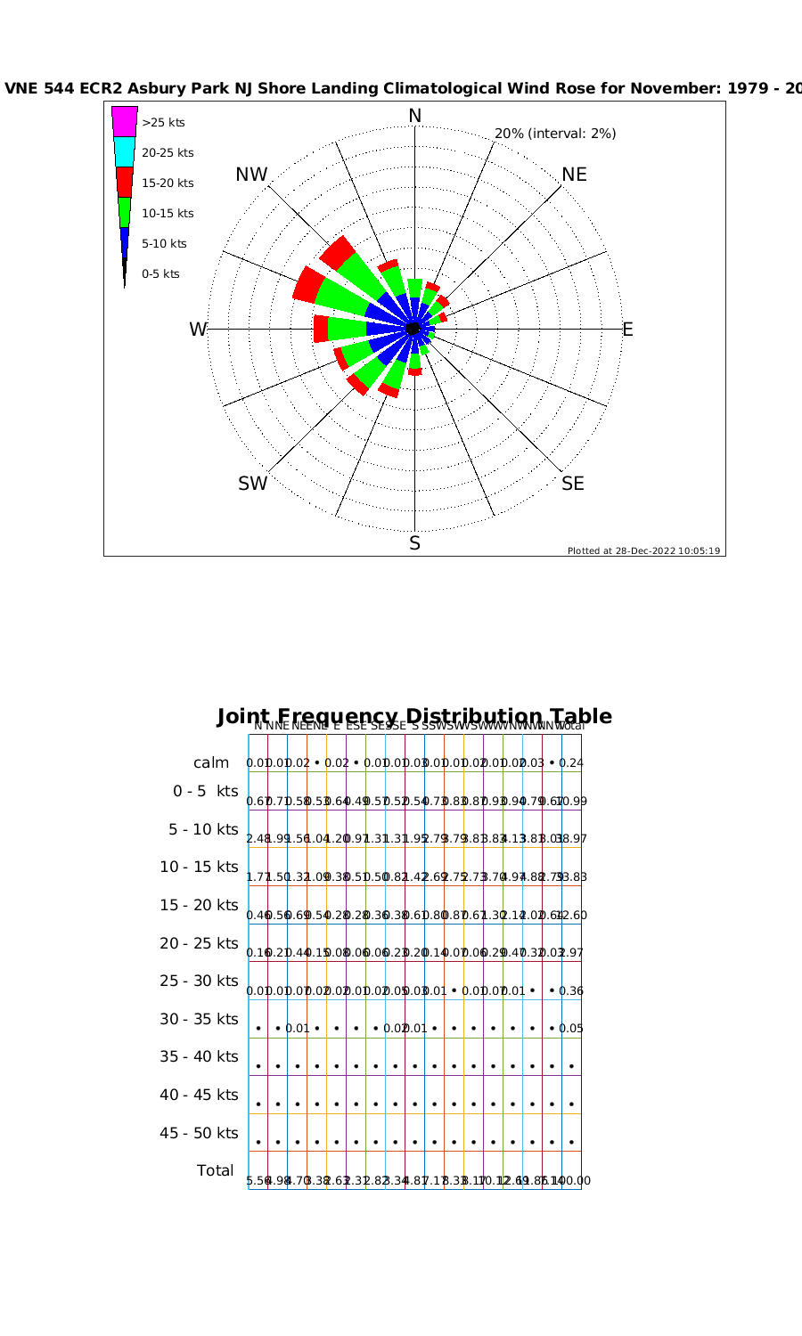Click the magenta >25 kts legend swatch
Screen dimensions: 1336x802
coord(124,121)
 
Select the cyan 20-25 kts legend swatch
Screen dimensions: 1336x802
coord(124,151)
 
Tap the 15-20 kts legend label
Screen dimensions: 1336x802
coord(168,183)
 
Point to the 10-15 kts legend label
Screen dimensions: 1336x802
coord(168,214)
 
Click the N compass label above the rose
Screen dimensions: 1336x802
coord(414,116)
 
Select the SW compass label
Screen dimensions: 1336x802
coord(252,484)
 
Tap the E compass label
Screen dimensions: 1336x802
coord(627,330)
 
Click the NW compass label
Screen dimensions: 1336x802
coord(251,175)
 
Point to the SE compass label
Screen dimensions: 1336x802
coord(573,484)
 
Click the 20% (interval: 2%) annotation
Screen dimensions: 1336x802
coord(555,134)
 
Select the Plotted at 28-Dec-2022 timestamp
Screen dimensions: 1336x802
coord(643,550)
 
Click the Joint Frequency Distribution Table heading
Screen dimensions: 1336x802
coord(414,716)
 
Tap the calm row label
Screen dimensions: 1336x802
coord(211,763)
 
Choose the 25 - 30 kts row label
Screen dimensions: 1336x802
coord(199,981)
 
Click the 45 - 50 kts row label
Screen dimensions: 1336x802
coord(199,1133)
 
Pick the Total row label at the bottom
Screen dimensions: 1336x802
coord(216,1170)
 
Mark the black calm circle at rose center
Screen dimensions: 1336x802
coord(413,329)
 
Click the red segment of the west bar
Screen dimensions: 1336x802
coord(321,329)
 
